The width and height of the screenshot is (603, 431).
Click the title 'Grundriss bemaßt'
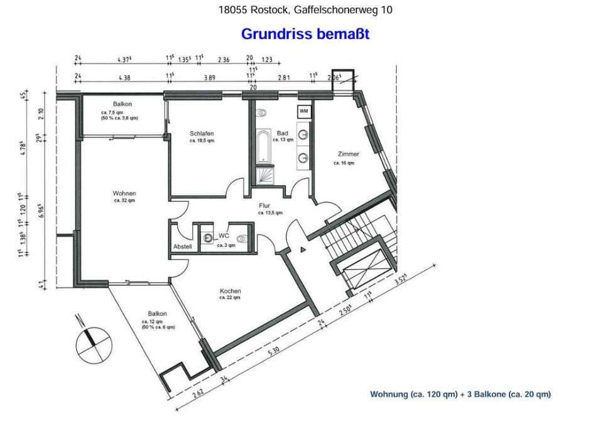click(x=305, y=34)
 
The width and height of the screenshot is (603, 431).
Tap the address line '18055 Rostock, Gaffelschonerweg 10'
click(x=305, y=10)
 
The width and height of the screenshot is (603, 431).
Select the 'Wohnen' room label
click(x=124, y=193)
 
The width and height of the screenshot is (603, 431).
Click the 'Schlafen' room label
click(x=202, y=134)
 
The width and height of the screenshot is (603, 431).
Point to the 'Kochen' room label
click(x=230, y=291)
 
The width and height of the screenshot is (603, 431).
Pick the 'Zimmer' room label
click(x=347, y=154)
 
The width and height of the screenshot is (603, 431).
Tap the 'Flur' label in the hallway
click(x=264, y=205)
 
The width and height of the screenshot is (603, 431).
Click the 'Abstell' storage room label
click(x=182, y=247)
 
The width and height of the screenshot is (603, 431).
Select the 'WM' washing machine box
click(x=304, y=111)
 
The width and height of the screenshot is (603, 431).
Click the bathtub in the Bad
click(x=263, y=146)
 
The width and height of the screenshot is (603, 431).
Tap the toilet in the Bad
click(x=263, y=113)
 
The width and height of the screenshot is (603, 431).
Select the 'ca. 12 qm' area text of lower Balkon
click(x=153, y=322)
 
